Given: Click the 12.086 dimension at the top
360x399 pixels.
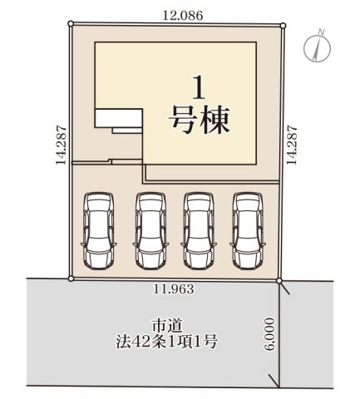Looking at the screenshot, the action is tap(183, 16).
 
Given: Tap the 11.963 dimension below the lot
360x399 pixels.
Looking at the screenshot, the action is tap(174, 289).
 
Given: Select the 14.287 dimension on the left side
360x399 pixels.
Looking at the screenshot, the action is tap(62, 145).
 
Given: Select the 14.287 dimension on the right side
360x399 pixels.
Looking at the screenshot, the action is tap(292, 145).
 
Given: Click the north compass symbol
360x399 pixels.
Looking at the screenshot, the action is tap(317, 47).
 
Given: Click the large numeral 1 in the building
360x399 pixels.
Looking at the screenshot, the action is tap(199, 88).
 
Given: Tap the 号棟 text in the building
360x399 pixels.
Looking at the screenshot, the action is tap(200, 121).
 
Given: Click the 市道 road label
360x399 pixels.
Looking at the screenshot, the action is tap(167, 326).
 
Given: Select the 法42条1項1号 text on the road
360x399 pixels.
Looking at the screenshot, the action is tap(166, 342).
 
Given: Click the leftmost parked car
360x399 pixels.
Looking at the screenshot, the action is tap(99, 231).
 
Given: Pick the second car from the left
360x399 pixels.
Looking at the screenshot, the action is tap(150, 231).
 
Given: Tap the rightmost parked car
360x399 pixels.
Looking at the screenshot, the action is tap(248, 231).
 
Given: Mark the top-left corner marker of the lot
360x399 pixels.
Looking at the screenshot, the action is tap(71, 24).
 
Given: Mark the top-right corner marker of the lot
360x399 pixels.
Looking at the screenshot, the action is tap(283, 26).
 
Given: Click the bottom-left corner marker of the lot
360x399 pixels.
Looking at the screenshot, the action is tap(71, 278).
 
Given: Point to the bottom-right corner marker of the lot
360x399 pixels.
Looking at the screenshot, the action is tap(279, 281).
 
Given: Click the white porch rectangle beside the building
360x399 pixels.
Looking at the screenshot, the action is tap(119, 118).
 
